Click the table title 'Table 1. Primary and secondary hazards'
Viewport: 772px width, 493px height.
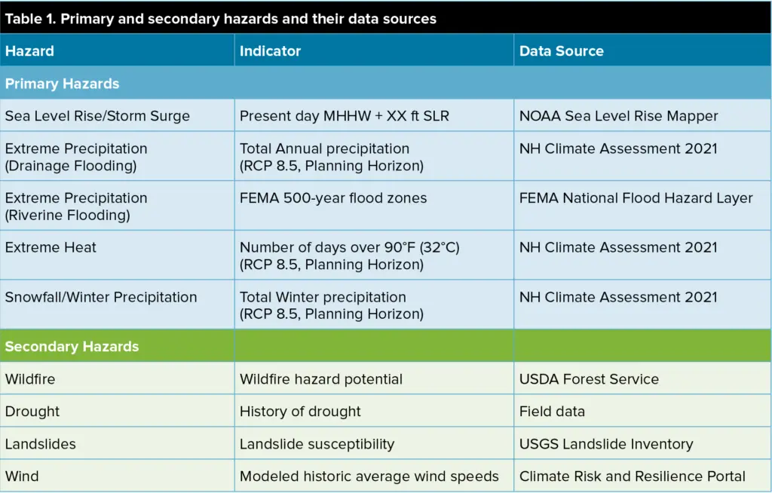221,19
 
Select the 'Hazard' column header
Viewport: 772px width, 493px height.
29,51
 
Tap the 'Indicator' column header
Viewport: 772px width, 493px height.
271,51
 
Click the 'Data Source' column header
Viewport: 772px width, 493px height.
561,51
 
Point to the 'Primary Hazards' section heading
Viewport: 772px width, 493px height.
62,84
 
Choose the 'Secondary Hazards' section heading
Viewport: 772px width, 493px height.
72,346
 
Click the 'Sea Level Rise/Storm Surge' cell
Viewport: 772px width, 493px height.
97,116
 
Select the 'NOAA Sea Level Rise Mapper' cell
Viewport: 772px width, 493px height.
618,116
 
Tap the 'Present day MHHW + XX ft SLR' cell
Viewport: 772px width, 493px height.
344,116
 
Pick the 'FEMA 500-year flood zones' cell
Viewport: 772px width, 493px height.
333,198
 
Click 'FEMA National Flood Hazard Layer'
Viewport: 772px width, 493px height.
636,198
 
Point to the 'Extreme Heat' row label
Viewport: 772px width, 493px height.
51,247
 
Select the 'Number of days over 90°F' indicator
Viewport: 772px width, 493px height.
350,247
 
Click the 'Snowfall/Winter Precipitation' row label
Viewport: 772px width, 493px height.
101,297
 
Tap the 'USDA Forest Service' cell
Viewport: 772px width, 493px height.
589,378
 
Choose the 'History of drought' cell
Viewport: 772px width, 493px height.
300,412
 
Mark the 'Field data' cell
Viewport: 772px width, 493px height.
552,412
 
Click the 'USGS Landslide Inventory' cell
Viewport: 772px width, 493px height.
606,444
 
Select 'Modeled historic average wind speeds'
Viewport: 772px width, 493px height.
369,476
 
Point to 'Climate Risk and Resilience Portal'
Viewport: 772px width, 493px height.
633,476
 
